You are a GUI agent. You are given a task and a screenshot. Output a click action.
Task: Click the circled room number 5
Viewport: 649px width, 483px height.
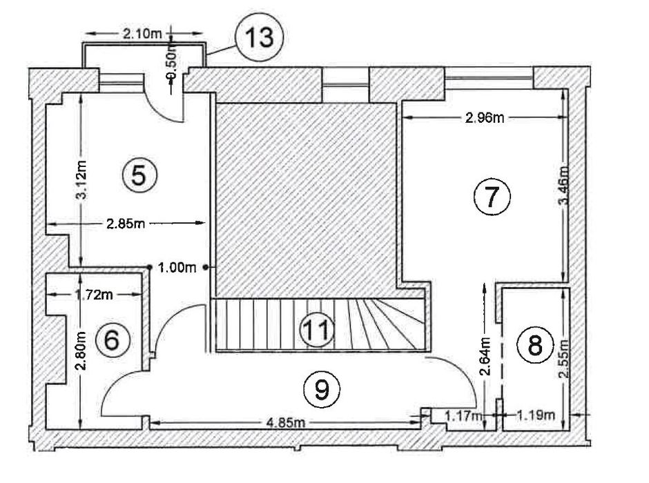point(138,175)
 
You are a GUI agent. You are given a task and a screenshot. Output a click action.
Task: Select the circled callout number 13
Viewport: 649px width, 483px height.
point(260,37)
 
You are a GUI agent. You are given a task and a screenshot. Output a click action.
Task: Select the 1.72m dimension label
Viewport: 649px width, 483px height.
point(94,295)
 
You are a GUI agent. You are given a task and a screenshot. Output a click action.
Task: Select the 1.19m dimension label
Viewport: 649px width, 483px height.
point(537,415)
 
